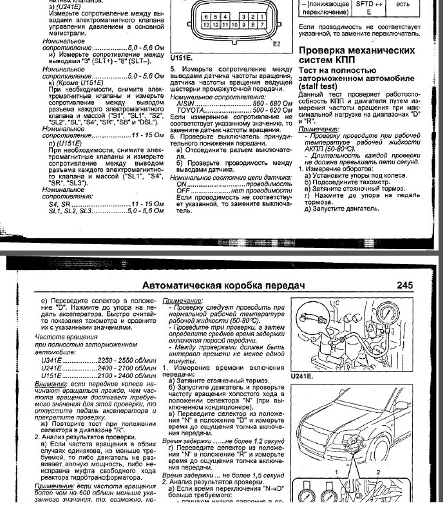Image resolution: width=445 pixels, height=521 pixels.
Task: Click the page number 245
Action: (408, 285)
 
